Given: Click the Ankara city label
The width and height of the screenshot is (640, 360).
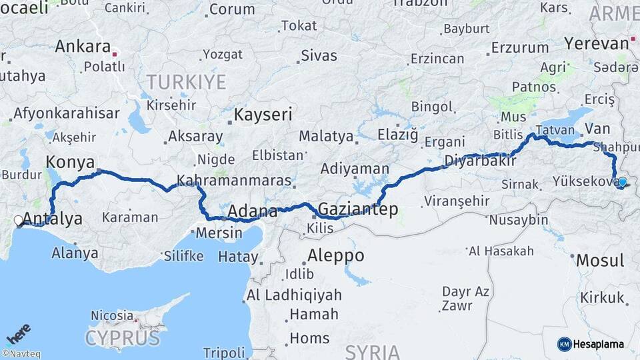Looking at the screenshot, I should tap(82, 47).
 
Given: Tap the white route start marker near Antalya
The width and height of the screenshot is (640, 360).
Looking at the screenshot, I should tap(18, 220).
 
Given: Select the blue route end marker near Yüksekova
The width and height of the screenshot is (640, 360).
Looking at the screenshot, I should tap(623, 182).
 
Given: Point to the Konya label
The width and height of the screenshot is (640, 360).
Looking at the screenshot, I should tap(69, 162).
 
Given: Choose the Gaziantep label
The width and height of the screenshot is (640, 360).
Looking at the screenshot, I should tap(359, 209).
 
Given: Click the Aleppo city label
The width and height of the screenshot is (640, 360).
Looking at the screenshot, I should tap(335, 255).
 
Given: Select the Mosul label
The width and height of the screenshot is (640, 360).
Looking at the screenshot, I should tap(599, 260).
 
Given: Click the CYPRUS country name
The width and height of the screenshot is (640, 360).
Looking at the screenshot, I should tap(123, 337).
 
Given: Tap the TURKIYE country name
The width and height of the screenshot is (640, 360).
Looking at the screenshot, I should tap(186, 82).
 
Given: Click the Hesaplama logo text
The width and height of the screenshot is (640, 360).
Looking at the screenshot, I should tap(599, 344).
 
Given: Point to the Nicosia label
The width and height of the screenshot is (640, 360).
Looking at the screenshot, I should tap(112, 315).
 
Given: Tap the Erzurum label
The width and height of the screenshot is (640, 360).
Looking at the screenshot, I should tap(520, 48).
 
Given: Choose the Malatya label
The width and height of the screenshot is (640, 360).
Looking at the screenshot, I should tap(325, 136).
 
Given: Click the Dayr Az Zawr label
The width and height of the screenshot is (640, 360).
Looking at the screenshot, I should tap(464, 299).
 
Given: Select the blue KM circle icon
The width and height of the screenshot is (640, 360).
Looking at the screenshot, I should tap(564, 344).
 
